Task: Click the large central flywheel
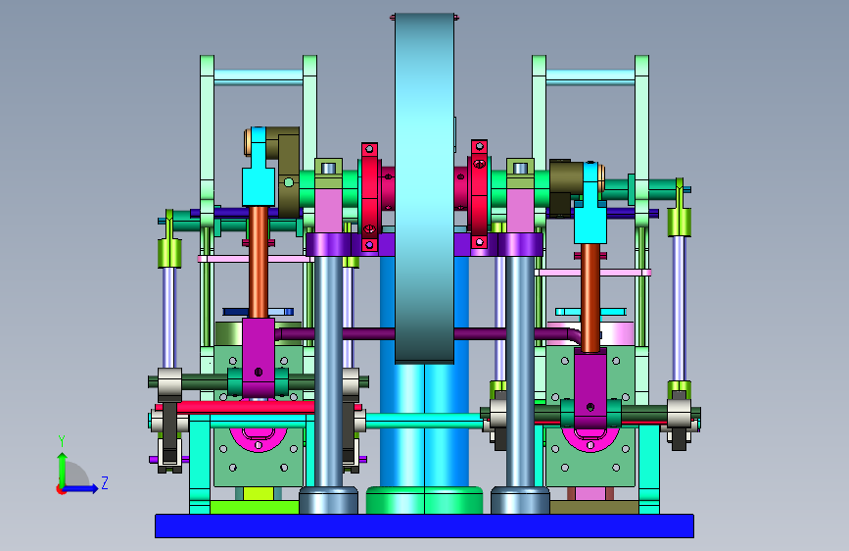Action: (x=425, y=187)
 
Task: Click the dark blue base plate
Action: (x=424, y=526)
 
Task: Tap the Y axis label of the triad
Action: (x=62, y=441)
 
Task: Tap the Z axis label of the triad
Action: (x=105, y=482)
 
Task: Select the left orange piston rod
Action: (x=259, y=262)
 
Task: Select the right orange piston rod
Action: (x=590, y=297)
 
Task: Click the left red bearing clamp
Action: (x=370, y=197)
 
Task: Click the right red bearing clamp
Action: (x=479, y=193)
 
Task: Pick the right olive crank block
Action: (x=566, y=187)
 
